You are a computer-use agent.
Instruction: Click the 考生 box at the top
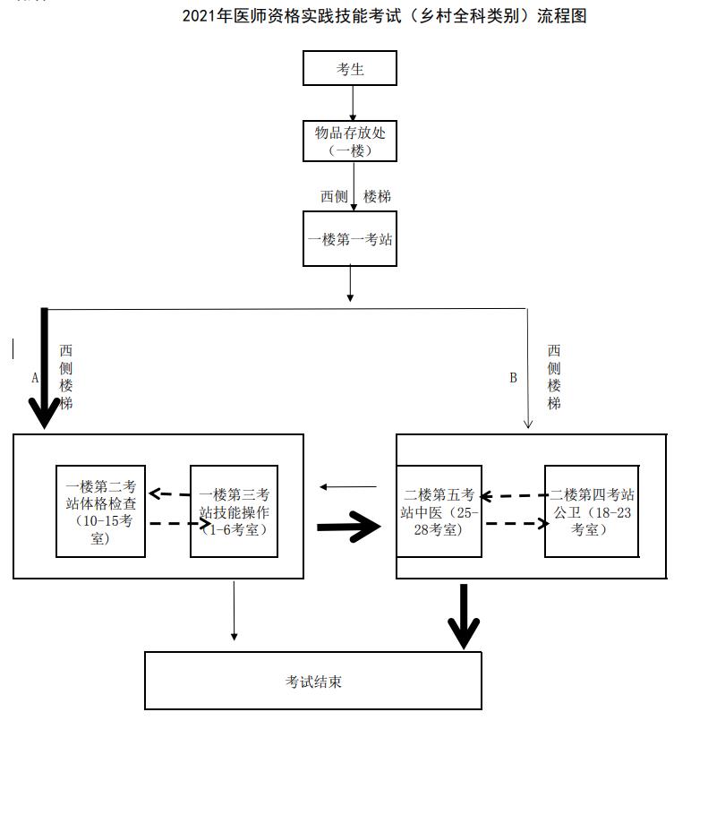[350, 68]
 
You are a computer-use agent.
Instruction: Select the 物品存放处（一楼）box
[350, 141]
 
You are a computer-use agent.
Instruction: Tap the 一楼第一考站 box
[350, 239]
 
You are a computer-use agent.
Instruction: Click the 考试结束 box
[313, 682]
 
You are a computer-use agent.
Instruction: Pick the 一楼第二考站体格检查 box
[100, 511]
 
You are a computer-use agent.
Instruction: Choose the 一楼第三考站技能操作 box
[234, 511]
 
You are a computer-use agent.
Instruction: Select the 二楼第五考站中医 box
[439, 511]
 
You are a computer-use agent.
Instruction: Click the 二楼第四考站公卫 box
[592, 511]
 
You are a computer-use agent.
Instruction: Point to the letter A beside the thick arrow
[35, 378]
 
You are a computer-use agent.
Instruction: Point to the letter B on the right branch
[513, 378]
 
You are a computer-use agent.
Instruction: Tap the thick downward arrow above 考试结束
[463, 616]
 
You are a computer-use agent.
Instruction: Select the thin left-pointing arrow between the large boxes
[348, 487]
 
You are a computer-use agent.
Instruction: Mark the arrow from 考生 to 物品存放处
[353, 103]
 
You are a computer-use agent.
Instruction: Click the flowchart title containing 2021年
[384, 16]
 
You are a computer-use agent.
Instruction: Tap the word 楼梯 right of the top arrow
[377, 196]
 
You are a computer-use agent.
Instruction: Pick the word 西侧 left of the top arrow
[334, 196]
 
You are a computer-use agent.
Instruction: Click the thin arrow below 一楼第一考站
[350, 284]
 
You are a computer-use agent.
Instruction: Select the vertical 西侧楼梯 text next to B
[554, 377]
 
